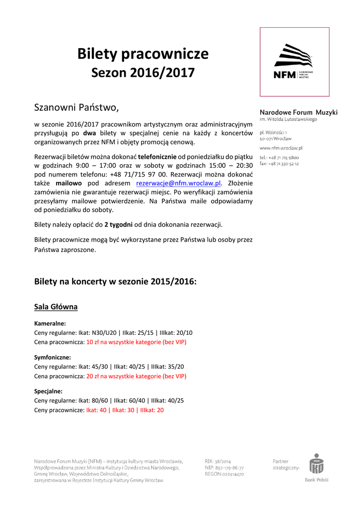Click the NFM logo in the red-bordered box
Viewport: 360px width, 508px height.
pyautogui.click(x=294, y=62)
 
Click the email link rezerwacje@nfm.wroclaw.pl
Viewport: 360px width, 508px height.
pyautogui.click(x=178, y=183)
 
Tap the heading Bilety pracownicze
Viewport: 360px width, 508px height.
pyautogui.click(x=143, y=54)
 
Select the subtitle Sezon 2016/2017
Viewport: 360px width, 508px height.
pyautogui.click(x=143, y=73)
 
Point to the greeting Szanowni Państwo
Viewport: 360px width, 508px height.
pyautogui.click(x=76, y=107)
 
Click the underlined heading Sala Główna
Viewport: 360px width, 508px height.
pyautogui.click(x=56, y=307)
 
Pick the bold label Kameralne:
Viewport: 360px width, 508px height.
pyautogui.click(x=50, y=323)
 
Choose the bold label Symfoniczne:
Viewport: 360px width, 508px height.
pyautogui.click(x=52, y=357)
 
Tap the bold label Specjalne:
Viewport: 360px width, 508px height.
pyautogui.click(x=48, y=391)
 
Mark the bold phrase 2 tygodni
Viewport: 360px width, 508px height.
pyautogui.click(x=118, y=224)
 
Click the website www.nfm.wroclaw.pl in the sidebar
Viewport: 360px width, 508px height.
pyautogui.click(x=281, y=148)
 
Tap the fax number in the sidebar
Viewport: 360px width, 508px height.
pyautogui.click(x=279, y=164)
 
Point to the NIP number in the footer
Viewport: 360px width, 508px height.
pyautogui.click(x=224, y=468)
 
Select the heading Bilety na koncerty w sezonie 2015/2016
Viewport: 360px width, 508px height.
pyautogui.click(x=115, y=281)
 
